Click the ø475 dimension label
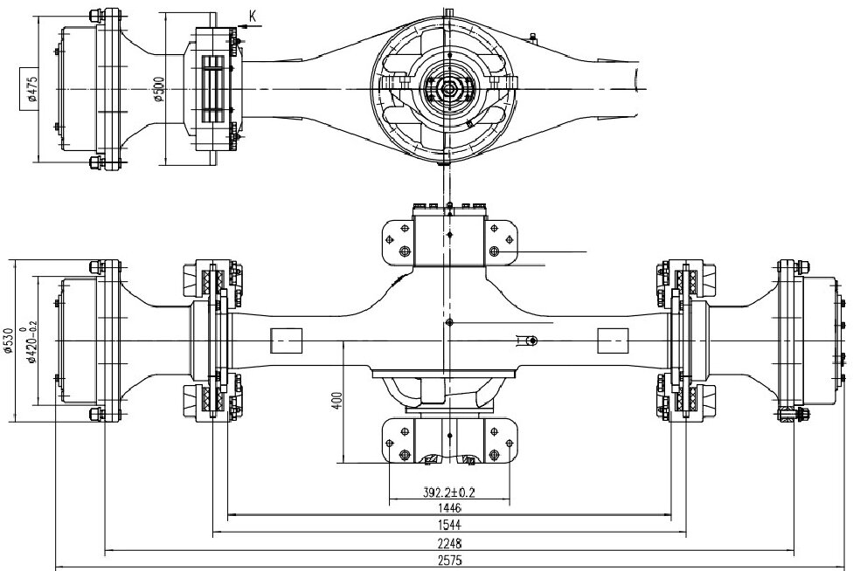coord(32,88)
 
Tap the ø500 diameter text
coord(159,88)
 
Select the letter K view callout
coord(252,17)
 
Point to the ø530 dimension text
coord(8,341)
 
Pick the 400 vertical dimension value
coord(337,401)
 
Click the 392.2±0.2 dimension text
coord(449,492)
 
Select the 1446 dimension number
coord(449,508)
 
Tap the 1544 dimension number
coord(449,526)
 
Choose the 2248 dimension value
coord(449,543)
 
